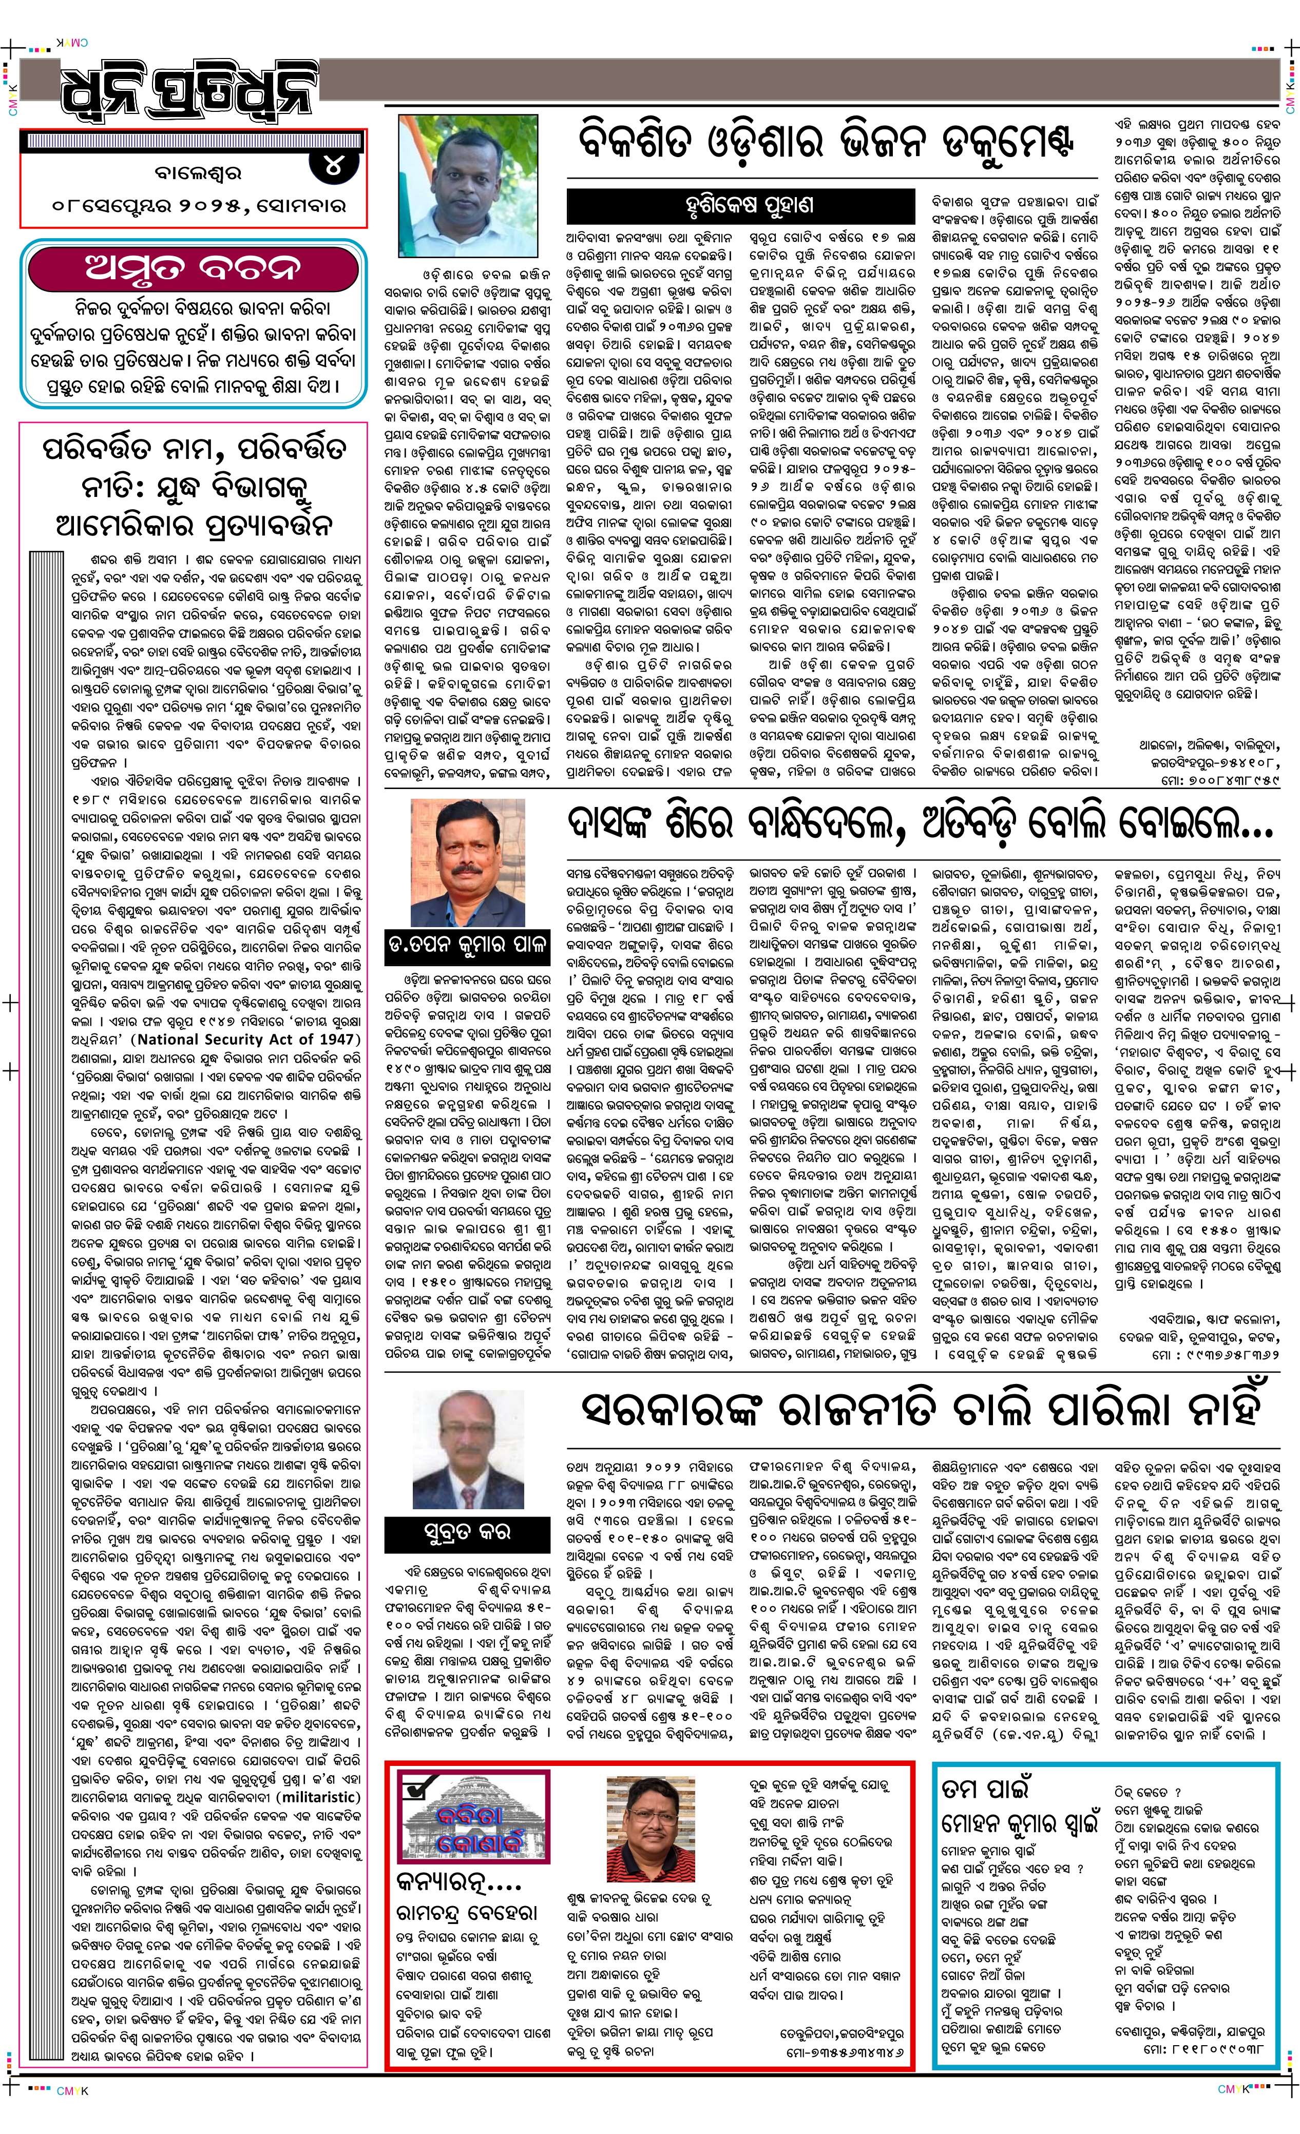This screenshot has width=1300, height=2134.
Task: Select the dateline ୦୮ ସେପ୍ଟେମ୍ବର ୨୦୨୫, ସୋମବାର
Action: pyautogui.click(x=198, y=207)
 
